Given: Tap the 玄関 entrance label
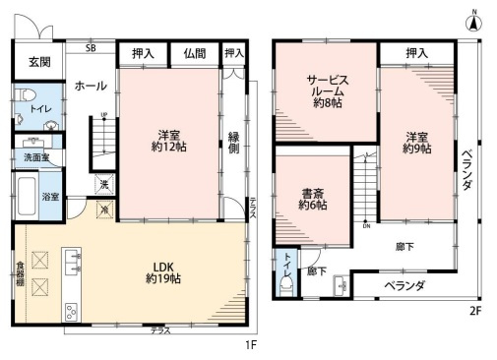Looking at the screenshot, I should [38, 62].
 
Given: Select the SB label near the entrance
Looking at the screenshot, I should [91, 47].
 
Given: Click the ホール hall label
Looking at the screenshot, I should [91, 86].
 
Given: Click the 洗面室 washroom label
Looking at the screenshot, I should [37, 157].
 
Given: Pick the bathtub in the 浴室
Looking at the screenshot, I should [27, 197].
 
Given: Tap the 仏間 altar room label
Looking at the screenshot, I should [194, 54].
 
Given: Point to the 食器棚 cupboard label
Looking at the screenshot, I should [20, 270].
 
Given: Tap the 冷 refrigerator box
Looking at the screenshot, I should [102, 209].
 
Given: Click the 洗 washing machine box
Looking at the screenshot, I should [102, 184].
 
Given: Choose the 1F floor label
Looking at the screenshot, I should [251, 345].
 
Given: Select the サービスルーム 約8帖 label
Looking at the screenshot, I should [326, 90].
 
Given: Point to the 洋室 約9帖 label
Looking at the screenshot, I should [416, 143].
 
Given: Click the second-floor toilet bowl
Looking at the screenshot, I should [286, 285].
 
